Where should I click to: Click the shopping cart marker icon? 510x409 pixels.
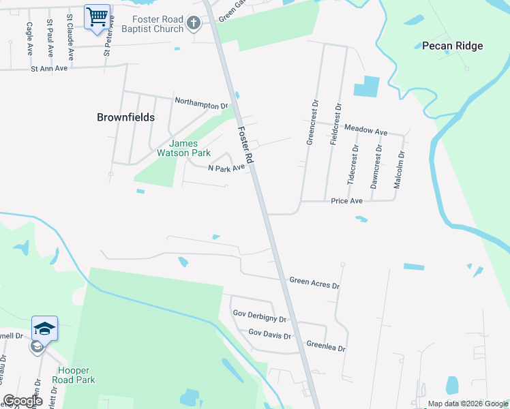pos(97,16)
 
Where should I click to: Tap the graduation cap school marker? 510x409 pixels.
pos(44,329)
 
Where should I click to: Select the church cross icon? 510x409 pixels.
pos(194,25)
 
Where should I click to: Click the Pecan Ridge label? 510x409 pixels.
pos(452,46)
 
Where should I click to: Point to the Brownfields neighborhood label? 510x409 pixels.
pos(126,117)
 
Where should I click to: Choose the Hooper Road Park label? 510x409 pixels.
pos(74,375)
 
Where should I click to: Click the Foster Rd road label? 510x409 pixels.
pos(246,144)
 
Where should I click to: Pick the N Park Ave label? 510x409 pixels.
pos(226,168)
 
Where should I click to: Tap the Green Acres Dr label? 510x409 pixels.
pos(314,281)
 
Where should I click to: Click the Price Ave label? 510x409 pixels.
pos(346,201)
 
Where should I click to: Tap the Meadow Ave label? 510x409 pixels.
pos(365,130)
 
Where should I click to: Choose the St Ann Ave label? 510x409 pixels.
pos(50,68)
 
